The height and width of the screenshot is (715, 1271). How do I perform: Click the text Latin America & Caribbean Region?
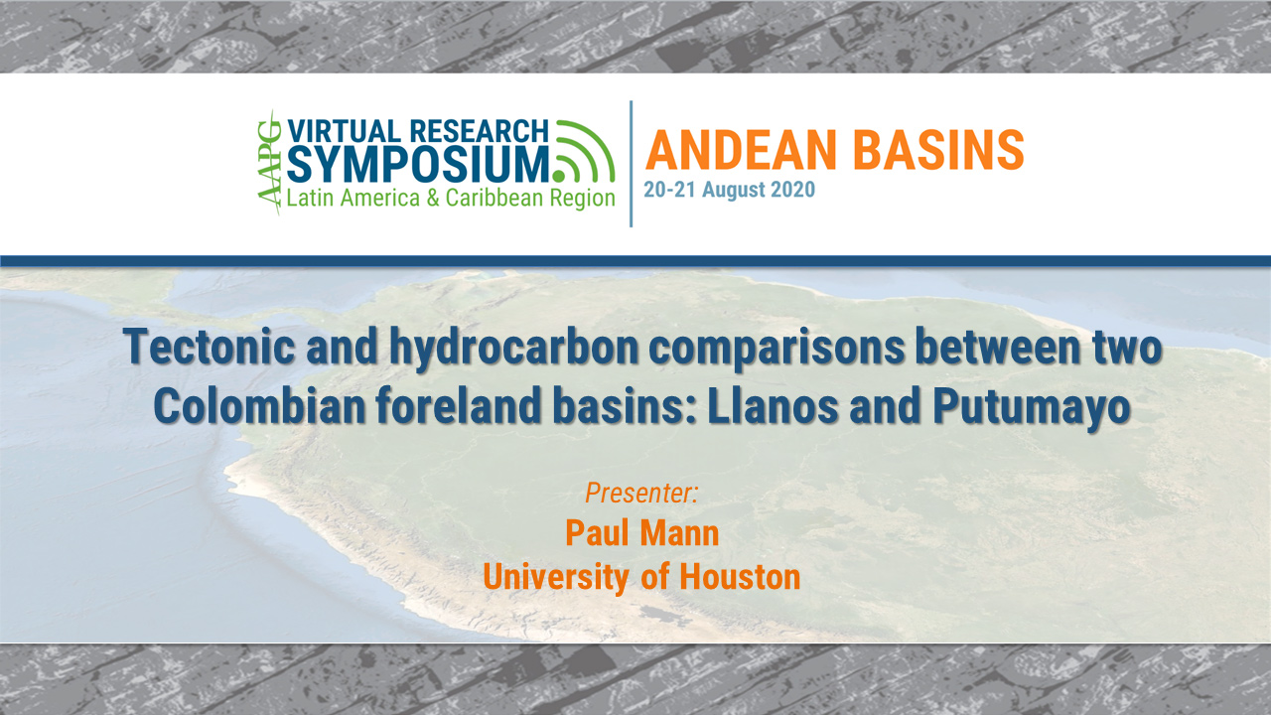point(451,198)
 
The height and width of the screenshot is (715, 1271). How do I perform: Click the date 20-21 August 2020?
point(729,190)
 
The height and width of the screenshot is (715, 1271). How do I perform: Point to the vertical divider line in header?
point(632,163)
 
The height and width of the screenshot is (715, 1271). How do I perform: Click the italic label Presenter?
point(641,492)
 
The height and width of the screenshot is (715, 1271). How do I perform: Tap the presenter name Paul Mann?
point(641,533)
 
